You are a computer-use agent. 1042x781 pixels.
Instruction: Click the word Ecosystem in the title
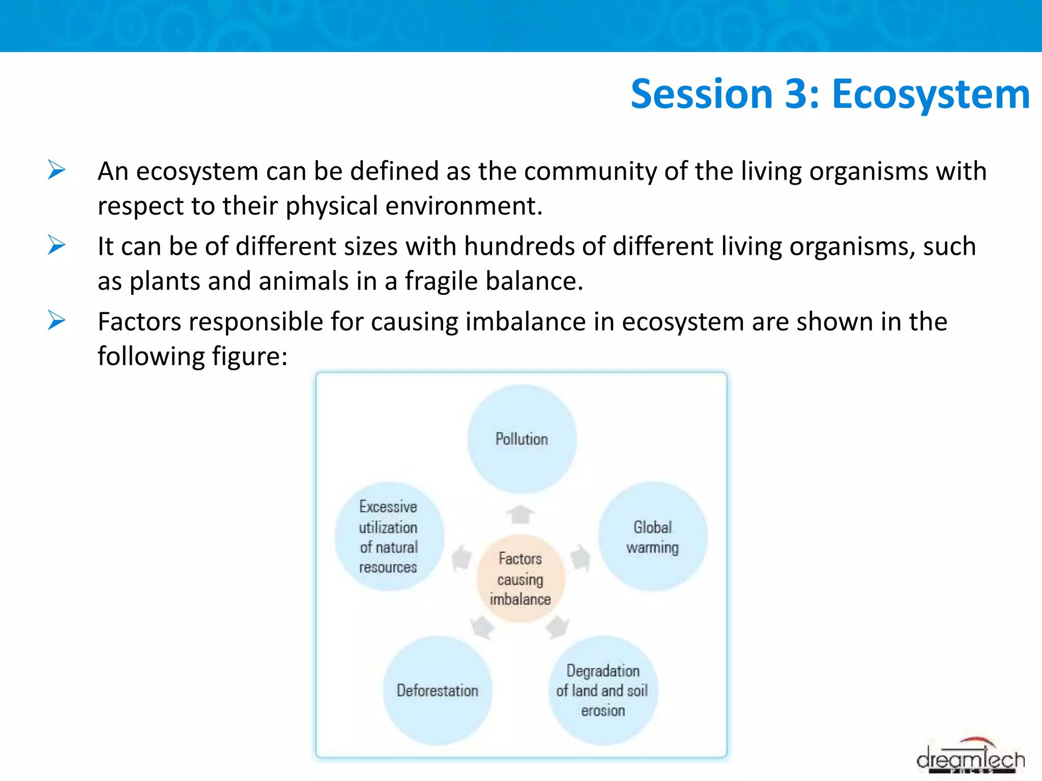tap(931, 95)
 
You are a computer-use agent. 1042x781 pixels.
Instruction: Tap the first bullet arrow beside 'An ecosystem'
tap(56, 170)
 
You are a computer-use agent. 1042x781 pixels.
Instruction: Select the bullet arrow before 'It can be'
tap(56, 245)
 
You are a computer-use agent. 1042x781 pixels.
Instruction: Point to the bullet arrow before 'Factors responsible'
tap(56, 320)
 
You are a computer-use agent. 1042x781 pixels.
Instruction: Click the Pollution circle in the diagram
tap(522, 439)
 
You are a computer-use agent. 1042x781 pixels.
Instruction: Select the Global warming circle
tap(653, 536)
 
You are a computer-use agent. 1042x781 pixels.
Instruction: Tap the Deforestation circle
tap(438, 690)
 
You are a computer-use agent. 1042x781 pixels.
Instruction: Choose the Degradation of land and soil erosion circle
tap(603, 690)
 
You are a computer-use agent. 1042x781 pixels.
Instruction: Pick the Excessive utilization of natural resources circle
tap(389, 536)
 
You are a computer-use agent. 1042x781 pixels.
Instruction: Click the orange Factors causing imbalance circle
tap(520, 579)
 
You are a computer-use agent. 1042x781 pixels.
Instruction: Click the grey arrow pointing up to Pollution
tap(520, 514)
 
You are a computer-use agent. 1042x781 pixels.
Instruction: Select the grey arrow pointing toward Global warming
tap(581, 558)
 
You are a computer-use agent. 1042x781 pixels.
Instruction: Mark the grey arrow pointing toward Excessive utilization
tap(461, 558)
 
